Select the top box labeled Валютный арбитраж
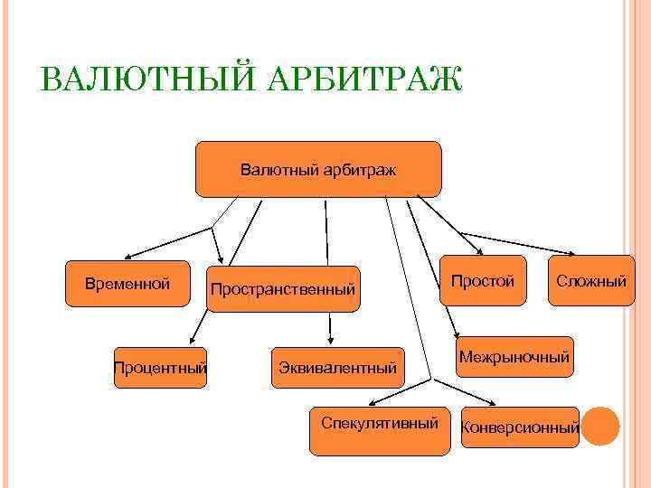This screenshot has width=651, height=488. [x=318, y=169]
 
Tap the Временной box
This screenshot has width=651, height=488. [x=127, y=285]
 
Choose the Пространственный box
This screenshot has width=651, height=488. [x=282, y=289]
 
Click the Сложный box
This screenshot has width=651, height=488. [x=591, y=281]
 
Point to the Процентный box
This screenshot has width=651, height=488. [x=160, y=368]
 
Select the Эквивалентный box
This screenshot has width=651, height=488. [x=338, y=368]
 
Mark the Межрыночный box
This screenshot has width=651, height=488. [x=514, y=358]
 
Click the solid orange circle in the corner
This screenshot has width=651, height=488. [x=599, y=426]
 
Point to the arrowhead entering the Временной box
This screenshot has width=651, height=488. [x=127, y=258]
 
